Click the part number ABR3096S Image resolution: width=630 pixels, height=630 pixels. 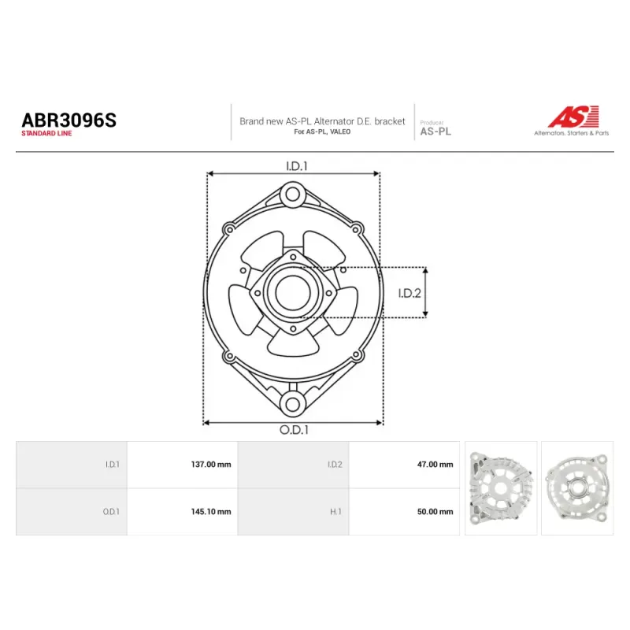(69, 120)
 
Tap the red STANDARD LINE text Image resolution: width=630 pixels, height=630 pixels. (46, 133)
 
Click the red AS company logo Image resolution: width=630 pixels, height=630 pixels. (574, 117)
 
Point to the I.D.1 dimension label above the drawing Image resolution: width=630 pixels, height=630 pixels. (297, 166)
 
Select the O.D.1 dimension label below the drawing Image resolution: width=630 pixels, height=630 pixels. (294, 430)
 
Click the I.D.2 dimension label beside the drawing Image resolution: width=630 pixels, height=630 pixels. (409, 293)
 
